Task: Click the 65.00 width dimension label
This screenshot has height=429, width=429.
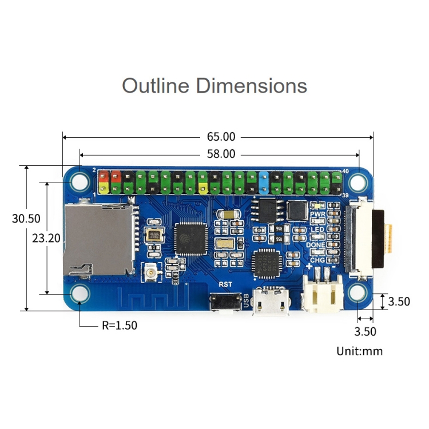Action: [220, 137]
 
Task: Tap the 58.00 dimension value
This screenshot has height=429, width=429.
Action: [220, 154]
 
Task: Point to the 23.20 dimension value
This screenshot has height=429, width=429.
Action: [46, 238]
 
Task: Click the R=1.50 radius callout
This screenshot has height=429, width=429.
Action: [120, 325]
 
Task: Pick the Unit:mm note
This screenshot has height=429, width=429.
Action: [359, 351]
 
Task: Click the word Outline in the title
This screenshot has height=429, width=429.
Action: [155, 86]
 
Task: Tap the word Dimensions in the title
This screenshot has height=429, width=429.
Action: [251, 86]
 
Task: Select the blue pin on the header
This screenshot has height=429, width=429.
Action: [264, 182]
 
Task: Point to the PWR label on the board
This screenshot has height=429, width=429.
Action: [317, 214]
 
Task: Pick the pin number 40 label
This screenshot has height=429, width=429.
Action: [345, 171]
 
